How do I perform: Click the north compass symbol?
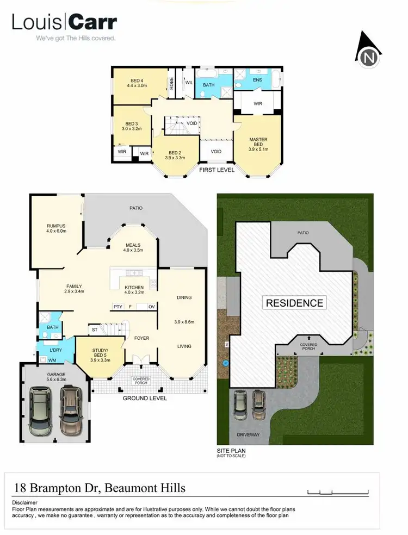tap(368, 51)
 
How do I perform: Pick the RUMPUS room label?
tap(57, 226)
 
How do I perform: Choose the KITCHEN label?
tap(134, 287)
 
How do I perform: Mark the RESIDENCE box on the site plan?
tap(294, 303)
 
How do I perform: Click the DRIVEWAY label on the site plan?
tap(248, 435)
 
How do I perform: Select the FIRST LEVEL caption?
tap(217, 170)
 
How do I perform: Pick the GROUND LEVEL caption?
tap(144, 398)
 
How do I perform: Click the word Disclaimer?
tap(24, 502)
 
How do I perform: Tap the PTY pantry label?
tap(118, 307)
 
